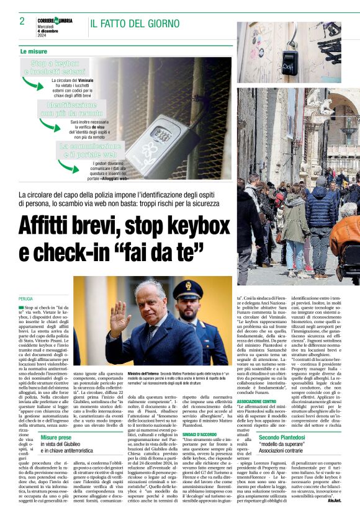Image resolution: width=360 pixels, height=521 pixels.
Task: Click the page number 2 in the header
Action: (x=22, y=21)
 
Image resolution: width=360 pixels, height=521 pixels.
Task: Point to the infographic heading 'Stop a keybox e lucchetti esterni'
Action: (x=55, y=68)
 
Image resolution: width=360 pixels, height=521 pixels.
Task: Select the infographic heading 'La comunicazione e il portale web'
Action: (x=88, y=149)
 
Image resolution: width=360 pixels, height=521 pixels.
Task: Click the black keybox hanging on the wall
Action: (x=289, y=60)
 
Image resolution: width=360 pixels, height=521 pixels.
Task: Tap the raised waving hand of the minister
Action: (x=119, y=319)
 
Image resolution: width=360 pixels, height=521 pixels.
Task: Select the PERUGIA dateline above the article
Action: (x=26, y=299)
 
